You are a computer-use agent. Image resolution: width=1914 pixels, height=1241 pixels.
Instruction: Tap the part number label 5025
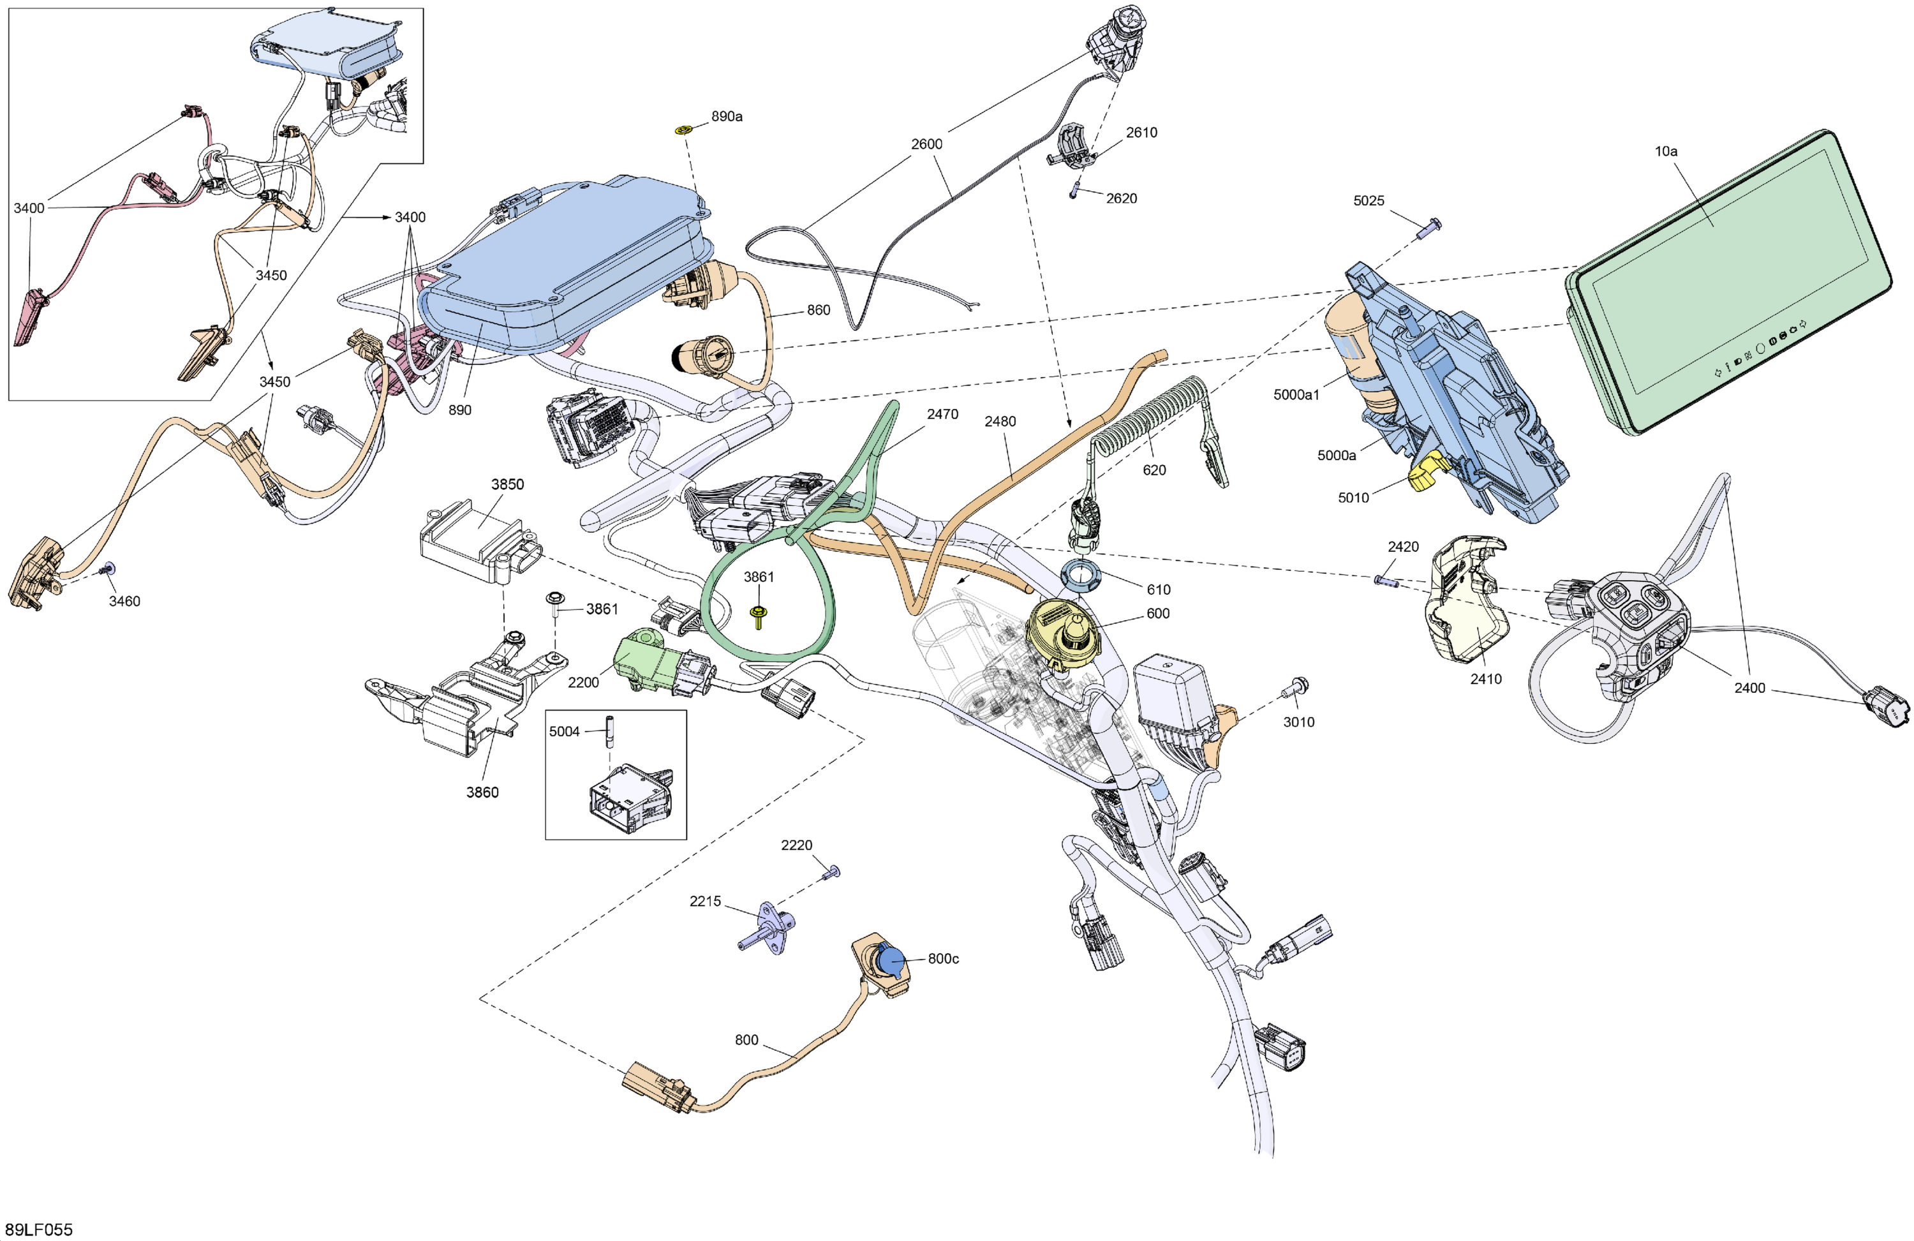click(1368, 201)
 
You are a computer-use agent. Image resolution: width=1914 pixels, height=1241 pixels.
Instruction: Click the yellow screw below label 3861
click(757, 617)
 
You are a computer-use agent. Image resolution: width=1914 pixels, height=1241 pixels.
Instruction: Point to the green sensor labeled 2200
click(643, 660)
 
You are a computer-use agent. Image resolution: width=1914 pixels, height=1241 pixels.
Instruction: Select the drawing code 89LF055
click(39, 1230)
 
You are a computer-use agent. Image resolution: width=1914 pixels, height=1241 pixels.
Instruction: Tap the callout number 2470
click(942, 414)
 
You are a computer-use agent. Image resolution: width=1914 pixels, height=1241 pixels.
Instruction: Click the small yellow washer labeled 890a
click(683, 130)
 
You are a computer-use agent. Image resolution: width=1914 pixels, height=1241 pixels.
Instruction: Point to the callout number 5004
click(564, 731)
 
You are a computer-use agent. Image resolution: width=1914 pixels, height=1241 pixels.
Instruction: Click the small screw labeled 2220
click(833, 872)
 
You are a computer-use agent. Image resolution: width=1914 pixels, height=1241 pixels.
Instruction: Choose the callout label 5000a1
click(1296, 395)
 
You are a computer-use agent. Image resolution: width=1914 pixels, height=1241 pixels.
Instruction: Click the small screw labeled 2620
click(1074, 194)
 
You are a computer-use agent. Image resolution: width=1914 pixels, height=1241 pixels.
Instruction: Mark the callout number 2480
click(1000, 422)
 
